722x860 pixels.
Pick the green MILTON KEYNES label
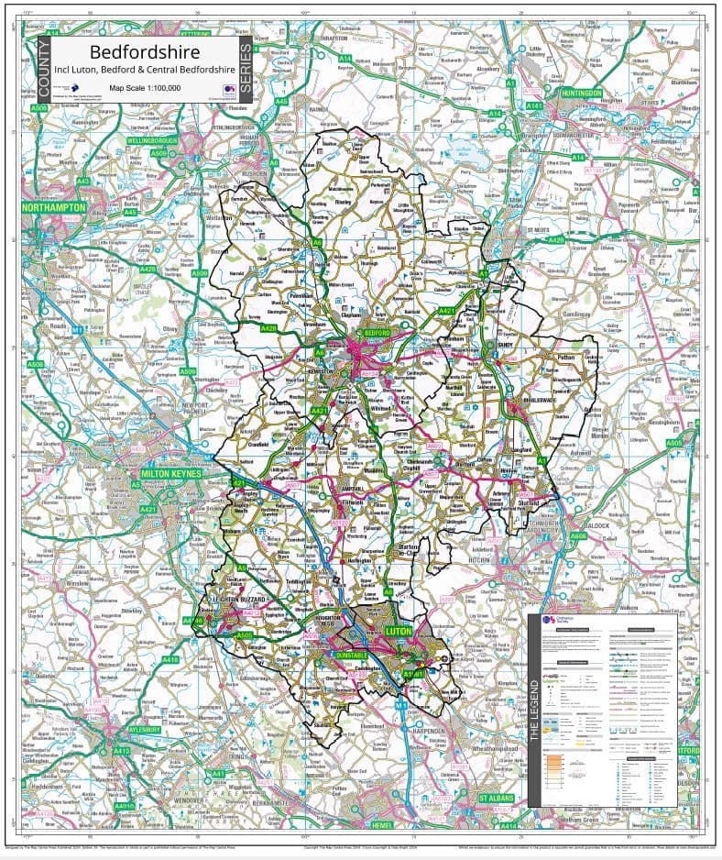click(x=172, y=474)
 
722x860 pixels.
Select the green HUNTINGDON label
click(x=574, y=93)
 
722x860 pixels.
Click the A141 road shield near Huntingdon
click(x=535, y=106)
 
